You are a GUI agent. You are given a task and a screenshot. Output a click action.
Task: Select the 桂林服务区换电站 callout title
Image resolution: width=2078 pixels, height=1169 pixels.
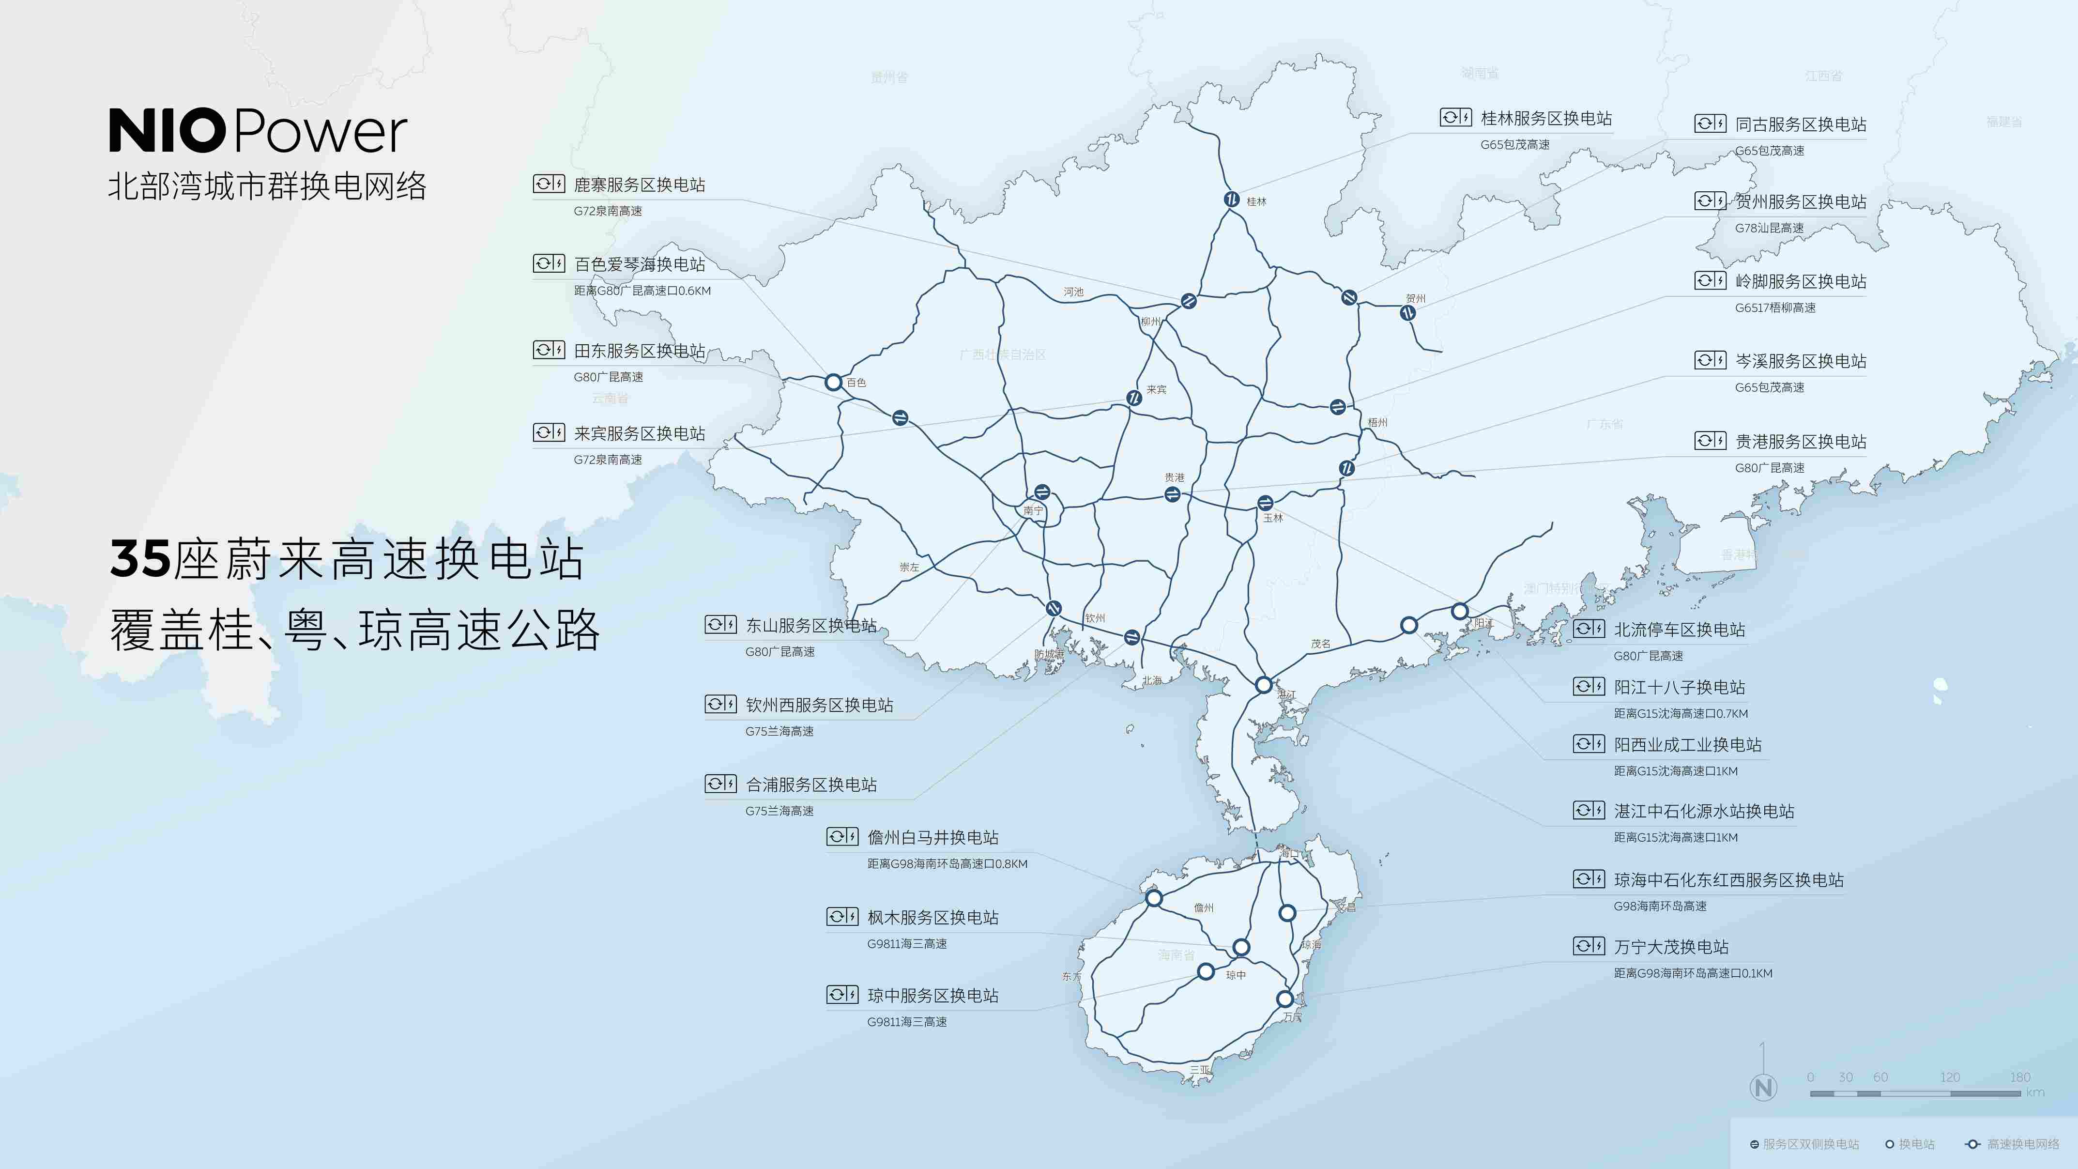1545,119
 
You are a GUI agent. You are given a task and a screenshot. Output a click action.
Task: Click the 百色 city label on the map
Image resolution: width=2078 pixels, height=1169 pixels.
856,383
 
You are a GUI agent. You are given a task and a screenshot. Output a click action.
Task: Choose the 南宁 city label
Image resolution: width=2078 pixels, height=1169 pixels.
1033,511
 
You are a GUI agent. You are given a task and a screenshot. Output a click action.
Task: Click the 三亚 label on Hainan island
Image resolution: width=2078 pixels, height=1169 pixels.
1200,1070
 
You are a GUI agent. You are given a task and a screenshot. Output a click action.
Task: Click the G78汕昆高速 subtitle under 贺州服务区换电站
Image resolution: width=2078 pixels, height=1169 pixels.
1769,228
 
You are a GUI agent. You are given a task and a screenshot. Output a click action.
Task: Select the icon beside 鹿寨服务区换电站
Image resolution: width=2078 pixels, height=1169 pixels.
549,184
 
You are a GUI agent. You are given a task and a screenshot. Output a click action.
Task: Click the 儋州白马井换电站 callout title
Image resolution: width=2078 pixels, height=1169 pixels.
932,837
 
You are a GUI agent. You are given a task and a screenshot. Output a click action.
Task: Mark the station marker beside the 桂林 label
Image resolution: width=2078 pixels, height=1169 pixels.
1232,199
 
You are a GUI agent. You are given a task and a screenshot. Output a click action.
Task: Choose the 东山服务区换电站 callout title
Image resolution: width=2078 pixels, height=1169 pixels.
810,625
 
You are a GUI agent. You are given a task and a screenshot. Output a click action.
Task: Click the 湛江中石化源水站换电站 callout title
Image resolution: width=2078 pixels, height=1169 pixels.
1704,811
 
